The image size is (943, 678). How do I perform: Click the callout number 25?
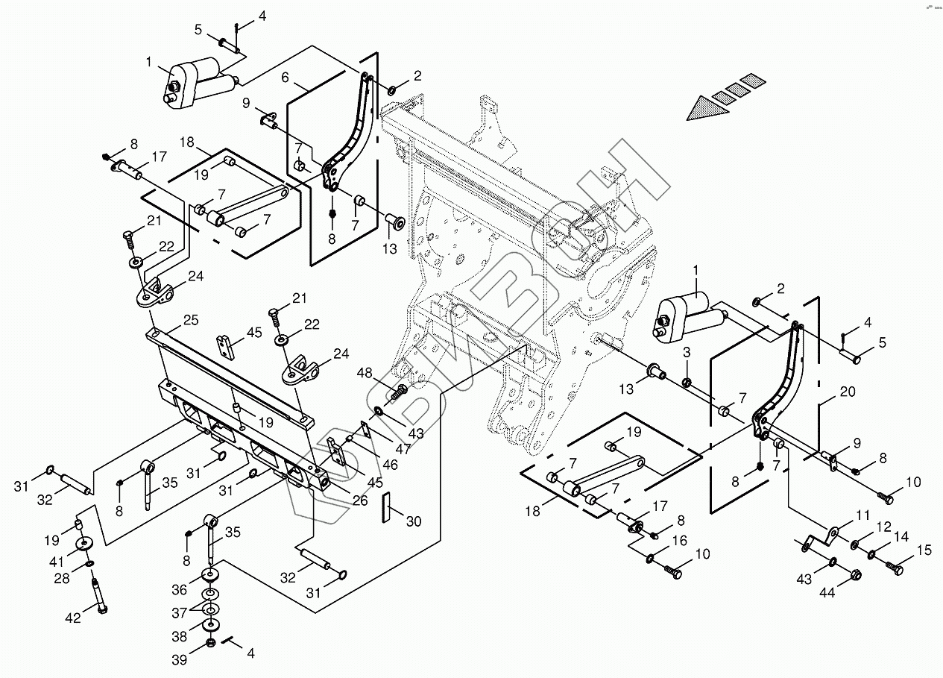[191, 320]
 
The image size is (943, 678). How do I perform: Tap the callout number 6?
[286, 78]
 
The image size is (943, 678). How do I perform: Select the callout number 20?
[848, 392]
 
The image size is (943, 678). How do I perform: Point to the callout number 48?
[365, 373]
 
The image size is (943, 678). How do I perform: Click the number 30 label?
[414, 521]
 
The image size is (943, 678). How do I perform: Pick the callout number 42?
[73, 618]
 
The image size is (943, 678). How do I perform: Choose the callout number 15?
[925, 550]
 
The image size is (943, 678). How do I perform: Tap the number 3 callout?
[687, 352]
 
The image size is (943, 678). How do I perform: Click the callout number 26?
[360, 500]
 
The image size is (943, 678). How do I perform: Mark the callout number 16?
[681, 540]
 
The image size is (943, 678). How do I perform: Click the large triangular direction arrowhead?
[707, 108]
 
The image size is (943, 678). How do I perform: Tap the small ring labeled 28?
[90, 563]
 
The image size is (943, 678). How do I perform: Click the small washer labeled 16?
[650, 559]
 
